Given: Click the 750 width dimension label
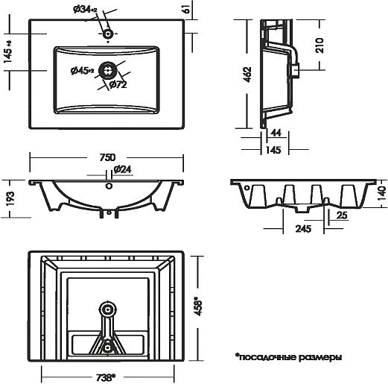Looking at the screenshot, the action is coord(107,157).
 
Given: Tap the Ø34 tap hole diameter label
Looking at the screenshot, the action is coord(85,10).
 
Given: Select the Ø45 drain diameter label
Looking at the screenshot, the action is coord(82,71).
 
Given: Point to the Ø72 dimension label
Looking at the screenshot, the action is coord(118,85).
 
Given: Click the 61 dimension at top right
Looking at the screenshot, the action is coord(187,9).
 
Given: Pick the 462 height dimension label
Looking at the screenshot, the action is coord(247,75).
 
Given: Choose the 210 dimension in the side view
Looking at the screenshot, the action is coord(319,45).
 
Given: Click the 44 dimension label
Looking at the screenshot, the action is coord(276,133).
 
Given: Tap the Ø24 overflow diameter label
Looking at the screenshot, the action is coord(122,169).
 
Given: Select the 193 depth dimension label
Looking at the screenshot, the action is coord(10,198).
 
